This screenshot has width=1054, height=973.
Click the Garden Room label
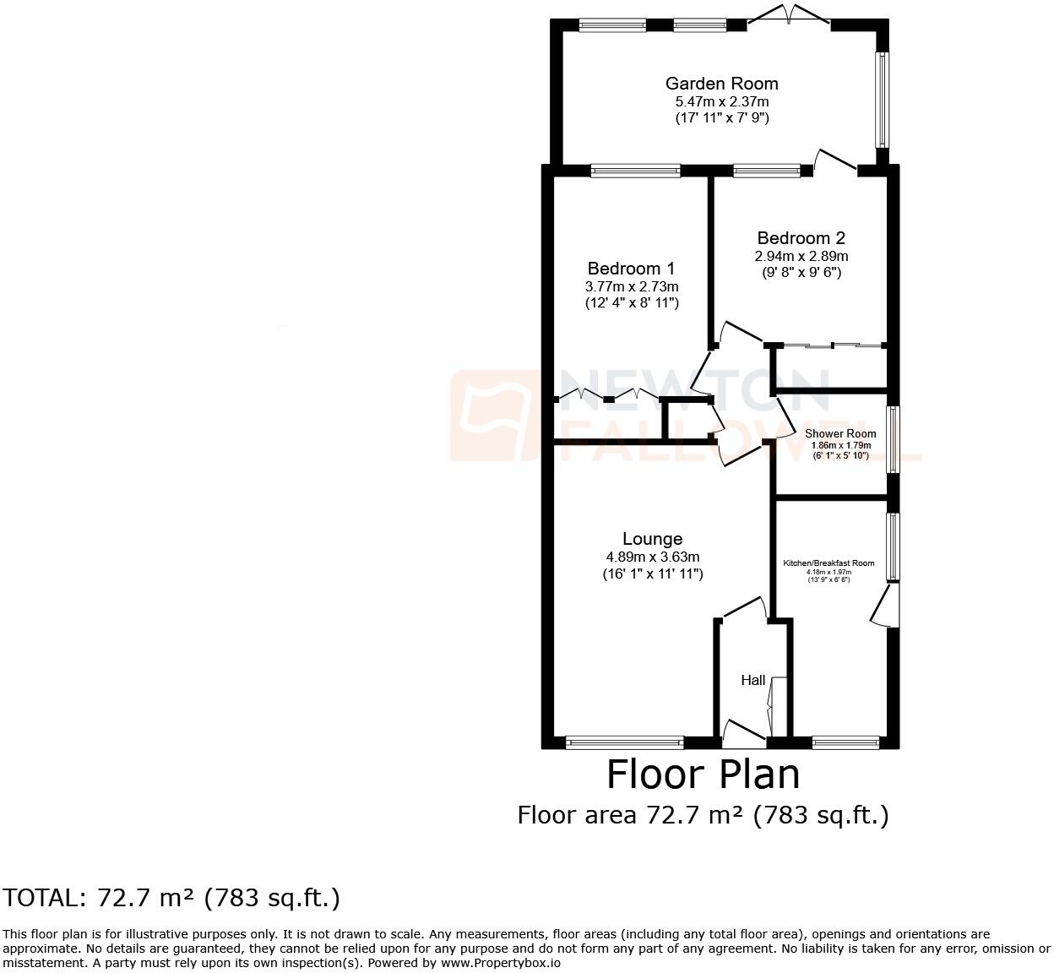click(x=721, y=84)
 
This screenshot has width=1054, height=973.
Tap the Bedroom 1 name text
click(x=631, y=269)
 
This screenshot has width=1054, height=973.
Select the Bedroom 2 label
click(x=801, y=238)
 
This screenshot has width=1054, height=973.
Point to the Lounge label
click(x=652, y=539)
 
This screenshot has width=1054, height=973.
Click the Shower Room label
click(x=839, y=433)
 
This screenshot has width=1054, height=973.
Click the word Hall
click(x=752, y=680)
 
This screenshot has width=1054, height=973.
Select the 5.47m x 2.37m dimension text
click(x=721, y=101)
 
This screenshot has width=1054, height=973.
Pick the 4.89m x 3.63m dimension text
click(x=652, y=557)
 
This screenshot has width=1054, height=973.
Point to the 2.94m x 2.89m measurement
click(x=801, y=256)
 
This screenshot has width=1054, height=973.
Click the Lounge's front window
click(x=624, y=742)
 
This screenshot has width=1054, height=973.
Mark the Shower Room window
click(x=891, y=440)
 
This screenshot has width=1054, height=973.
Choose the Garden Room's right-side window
click(x=882, y=100)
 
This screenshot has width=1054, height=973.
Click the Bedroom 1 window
click(x=635, y=171)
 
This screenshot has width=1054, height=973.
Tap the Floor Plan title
click(x=703, y=774)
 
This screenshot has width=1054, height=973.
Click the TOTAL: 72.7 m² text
click(x=171, y=897)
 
